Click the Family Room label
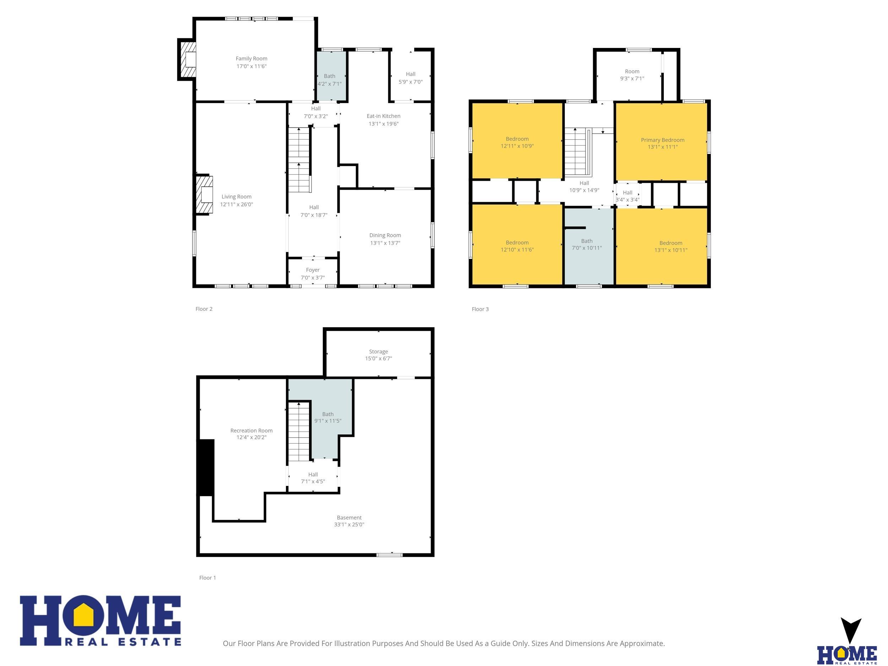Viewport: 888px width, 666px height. [x=251, y=59]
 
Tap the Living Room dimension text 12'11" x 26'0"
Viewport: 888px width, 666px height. [x=237, y=204]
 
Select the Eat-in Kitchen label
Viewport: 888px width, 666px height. [x=383, y=116]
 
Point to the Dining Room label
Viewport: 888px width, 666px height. [x=385, y=235]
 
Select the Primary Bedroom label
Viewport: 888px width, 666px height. [x=662, y=140]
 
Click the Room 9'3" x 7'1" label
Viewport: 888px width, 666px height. [x=632, y=75]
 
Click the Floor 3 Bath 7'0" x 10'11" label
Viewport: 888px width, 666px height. [x=587, y=244]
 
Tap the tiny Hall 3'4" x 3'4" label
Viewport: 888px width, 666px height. [x=628, y=196]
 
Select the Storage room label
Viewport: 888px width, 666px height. [x=379, y=352]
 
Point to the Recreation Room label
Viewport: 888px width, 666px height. [x=251, y=431]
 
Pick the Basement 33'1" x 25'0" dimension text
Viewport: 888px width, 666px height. [x=349, y=525]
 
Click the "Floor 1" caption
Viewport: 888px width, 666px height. [x=207, y=578]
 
